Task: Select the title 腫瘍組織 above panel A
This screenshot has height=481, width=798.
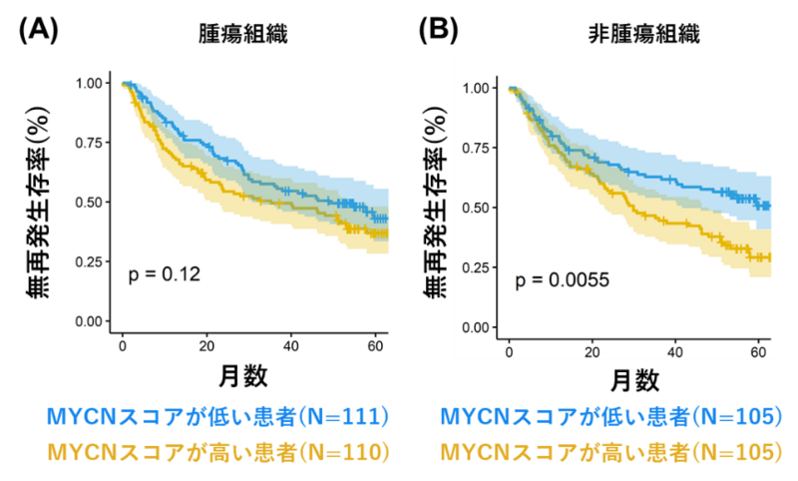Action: (x=242, y=34)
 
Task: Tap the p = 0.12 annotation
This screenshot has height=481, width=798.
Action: (x=165, y=273)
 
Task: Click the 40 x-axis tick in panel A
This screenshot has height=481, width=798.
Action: (x=291, y=346)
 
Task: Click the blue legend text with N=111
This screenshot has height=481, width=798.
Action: (x=216, y=416)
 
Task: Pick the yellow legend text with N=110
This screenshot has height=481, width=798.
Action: (x=216, y=452)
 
